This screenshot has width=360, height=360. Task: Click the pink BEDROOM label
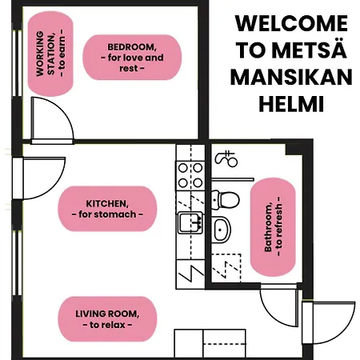click(132, 58)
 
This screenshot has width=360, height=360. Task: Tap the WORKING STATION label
click(50, 54)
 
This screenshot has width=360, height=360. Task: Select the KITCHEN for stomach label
click(107, 209)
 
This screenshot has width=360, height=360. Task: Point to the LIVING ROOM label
click(107, 319)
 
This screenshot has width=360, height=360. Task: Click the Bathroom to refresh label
click(273, 227)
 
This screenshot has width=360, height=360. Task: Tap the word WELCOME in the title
click(291, 23)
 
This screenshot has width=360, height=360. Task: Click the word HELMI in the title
click(291, 104)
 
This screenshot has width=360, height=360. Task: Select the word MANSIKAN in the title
click(291, 77)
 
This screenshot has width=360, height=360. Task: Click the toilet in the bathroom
click(226, 199)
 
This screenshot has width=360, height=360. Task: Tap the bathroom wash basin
click(222, 230)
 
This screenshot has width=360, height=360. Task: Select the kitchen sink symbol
click(190, 222)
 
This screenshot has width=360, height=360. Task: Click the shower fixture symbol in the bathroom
click(226, 159)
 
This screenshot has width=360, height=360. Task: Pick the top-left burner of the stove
click(183, 168)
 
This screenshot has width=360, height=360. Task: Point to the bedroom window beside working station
click(17, 63)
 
